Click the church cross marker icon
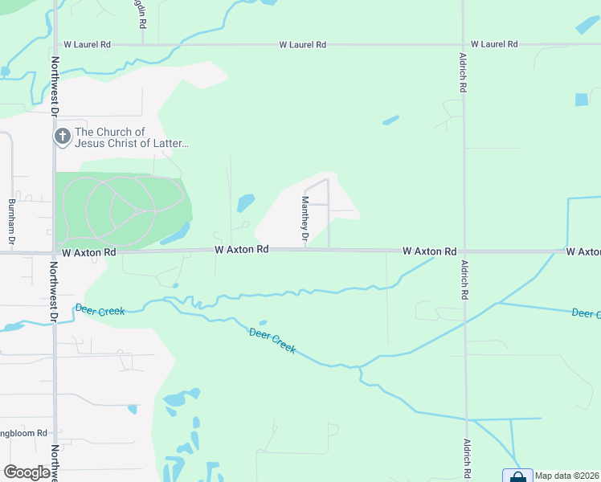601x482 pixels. tap(63, 137)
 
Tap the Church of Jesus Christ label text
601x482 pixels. tap(132, 137)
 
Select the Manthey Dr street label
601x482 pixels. tap(305, 219)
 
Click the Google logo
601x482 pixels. tap(27, 472)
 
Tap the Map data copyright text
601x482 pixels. tap(567, 476)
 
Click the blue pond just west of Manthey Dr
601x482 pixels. tap(246, 202)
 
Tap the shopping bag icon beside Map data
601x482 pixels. tap(517, 476)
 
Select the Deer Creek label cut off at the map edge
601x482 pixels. tap(586, 312)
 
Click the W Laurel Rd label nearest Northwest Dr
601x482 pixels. tap(84, 45)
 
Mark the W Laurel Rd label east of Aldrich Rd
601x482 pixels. tap(494, 44)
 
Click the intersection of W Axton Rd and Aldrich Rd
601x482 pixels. tap(464, 251)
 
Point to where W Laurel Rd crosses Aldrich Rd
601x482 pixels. tap(464, 45)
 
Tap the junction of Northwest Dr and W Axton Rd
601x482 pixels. tap(55, 252)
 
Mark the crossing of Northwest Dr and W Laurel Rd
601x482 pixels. tap(55, 45)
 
